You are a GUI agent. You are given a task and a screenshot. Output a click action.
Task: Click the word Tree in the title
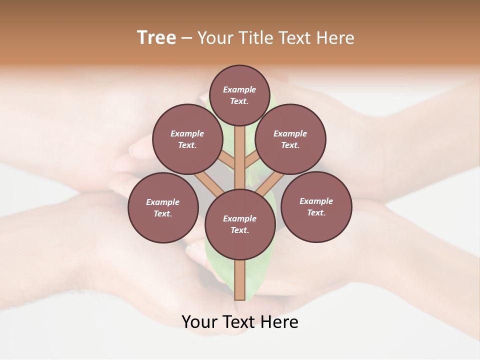(x=156, y=38)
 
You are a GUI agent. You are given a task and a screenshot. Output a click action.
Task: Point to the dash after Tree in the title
(x=187, y=38)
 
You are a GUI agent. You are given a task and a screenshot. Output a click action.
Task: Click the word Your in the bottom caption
(x=200, y=322)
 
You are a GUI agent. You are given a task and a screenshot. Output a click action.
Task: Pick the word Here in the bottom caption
(x=279, y=322)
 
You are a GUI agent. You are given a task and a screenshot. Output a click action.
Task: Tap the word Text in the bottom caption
(x=239, y=322)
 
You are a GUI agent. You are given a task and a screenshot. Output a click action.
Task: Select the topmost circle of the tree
(x=239, y=95)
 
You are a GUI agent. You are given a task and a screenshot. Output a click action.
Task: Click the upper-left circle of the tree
(x=187, y=139)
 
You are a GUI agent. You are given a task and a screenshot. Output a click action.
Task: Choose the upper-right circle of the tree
(x=290, y=139)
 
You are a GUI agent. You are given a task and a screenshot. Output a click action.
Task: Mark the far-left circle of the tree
(x=162, y=207)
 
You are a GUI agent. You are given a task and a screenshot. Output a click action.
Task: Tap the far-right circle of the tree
(x=316, y=206)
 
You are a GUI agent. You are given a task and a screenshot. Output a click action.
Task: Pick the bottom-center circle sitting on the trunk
(x=239, y=224)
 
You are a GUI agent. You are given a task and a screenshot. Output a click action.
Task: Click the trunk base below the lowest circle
(x=239, y=280)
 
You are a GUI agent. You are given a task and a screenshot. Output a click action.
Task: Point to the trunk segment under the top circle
(x=239, y=150)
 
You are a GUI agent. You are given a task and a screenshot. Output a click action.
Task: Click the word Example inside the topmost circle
(x=239, y=90)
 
